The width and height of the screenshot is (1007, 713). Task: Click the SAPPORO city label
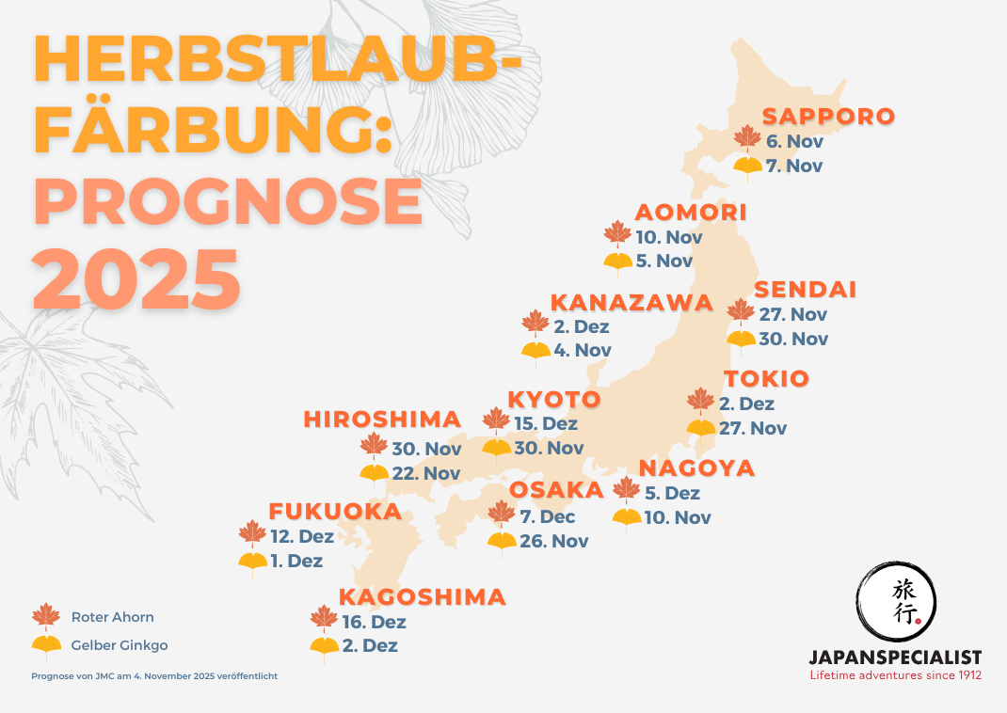click(828, 117)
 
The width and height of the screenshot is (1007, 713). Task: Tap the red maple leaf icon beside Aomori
click(617, 235)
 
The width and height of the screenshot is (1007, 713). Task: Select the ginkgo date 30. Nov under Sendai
click(793, 340)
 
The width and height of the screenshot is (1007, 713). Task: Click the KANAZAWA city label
click(631, 303)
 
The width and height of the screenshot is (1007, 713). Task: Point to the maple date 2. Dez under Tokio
click(746, 404)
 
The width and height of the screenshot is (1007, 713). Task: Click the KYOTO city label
click(554, 399)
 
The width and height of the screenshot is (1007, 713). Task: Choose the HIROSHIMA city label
click(382, 420)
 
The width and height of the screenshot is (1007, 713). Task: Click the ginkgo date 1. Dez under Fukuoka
click(297, 562)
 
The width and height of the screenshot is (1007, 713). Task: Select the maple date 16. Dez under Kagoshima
click(376, 622)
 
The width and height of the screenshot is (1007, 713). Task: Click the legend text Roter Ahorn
click(112, 617)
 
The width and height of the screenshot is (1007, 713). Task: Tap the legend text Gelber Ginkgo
click(120, 646)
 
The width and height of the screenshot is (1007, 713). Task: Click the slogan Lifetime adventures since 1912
click(896, 674)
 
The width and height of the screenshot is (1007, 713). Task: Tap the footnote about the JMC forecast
click(154, 675)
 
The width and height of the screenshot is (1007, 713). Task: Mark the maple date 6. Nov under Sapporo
click(794, 142)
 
